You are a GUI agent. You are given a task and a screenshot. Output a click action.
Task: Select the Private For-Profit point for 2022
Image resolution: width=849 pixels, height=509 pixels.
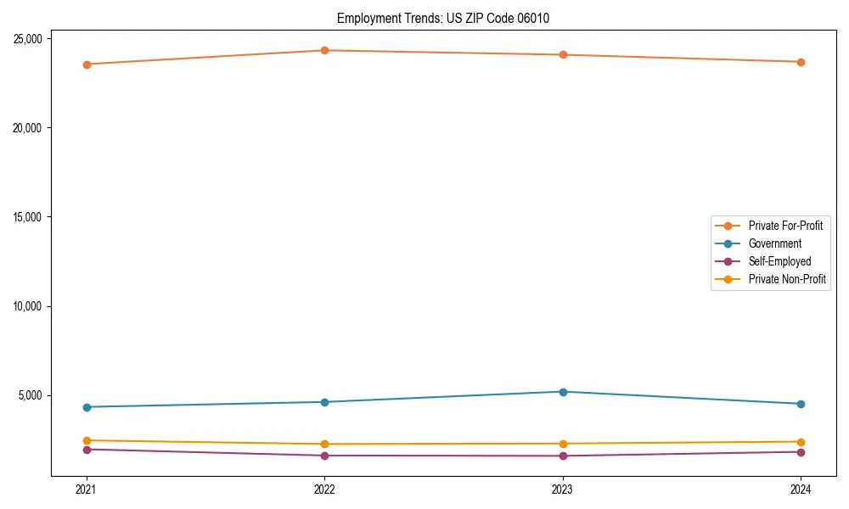point(324,50)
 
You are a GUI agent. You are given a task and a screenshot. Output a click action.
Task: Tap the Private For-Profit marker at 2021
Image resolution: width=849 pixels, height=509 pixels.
point(86,64)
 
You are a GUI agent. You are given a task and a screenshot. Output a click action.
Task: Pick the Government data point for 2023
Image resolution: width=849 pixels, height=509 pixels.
point(563,392)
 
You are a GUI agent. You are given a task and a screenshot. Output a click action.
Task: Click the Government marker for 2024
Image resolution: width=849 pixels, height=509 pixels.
point(801,404)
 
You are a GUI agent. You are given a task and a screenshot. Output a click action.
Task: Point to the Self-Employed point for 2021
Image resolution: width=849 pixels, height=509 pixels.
point(86,450)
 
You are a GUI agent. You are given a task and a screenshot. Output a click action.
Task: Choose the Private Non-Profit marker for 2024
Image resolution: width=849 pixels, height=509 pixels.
point(801,442)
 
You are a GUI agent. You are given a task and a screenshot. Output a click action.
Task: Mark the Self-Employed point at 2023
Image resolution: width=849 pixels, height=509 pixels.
point(563,456)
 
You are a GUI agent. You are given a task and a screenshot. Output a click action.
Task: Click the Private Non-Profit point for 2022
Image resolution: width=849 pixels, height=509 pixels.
point(324,444)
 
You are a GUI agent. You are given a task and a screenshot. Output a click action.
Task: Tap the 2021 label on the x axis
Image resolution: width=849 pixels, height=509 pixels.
point(86,489)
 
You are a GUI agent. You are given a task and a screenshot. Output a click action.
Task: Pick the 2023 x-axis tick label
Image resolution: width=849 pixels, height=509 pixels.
point(563,489)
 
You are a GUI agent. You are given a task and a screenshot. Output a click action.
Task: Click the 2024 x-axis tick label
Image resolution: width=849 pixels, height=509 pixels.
point(801,489)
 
